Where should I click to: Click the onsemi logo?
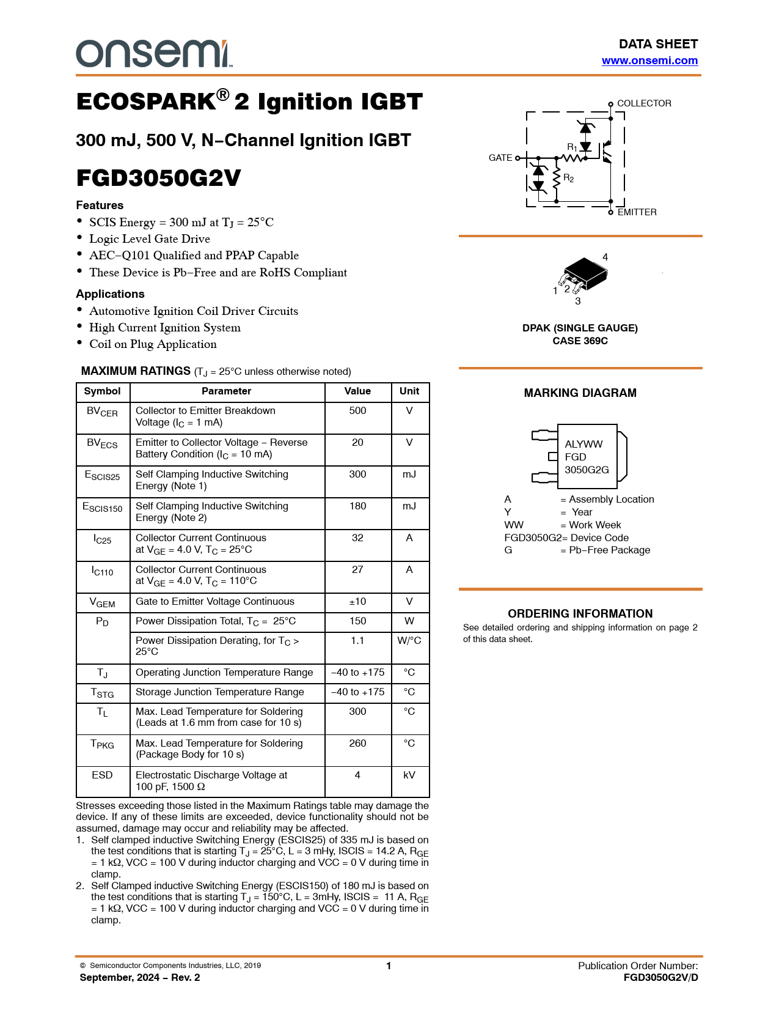153,54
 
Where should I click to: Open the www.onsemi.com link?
649,61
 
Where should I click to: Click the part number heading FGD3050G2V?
158,178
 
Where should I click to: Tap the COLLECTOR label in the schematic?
644,103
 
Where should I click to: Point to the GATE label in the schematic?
500,158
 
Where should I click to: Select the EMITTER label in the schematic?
637,212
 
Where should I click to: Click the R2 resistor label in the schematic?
568,178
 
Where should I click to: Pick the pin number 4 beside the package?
605,257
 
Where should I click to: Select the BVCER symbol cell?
102,412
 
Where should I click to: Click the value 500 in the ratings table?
357,411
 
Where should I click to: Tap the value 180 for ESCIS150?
357,506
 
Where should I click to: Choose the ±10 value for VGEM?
357,602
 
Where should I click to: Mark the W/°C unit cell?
409,641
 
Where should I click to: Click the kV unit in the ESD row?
409,775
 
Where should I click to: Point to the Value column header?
357,391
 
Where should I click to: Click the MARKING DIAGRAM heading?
580,393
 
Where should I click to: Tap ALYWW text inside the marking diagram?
583,444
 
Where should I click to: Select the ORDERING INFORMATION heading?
580,613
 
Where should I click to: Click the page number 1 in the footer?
389,966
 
